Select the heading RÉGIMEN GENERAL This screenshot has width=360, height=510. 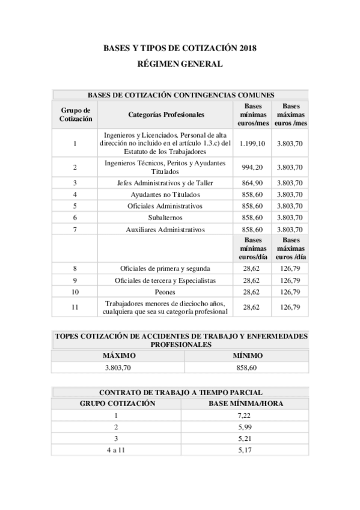click(x=180, y=63)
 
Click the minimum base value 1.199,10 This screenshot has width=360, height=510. click(x=252, y=144)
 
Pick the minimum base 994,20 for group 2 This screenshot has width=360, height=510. click(x=252, y=167)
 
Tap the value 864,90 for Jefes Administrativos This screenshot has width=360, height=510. click(x=252, y=183)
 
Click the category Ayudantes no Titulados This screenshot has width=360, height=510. click(x=165, y=194)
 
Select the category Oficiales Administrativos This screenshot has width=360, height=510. click(x=165, y=206)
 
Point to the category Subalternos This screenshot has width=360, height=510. click(x=165, y=217)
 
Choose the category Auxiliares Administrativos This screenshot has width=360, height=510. click(x=165, y=229)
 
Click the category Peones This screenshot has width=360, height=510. click(x=165, y=292)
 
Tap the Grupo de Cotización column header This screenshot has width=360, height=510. click(x=75, y=114)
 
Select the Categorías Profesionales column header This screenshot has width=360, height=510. click(x=166, y=114)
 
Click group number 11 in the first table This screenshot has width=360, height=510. click(x=75, y=307)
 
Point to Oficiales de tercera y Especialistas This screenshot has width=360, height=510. click(x=165, y=280)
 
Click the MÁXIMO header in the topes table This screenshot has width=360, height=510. click(x=118, y=355)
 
